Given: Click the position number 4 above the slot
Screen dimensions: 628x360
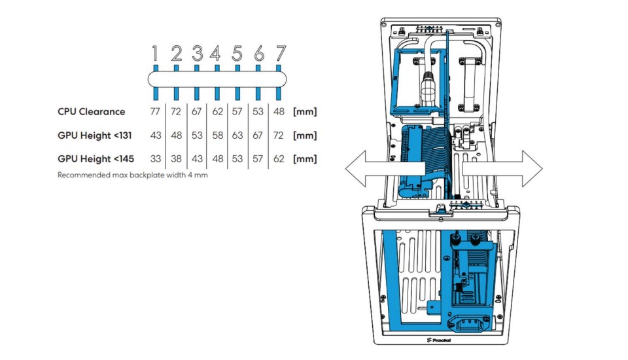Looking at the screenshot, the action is coord(215,53).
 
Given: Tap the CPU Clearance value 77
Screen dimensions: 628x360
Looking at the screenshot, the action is coord(155,111).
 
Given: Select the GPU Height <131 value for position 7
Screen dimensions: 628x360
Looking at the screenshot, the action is coord(279,135).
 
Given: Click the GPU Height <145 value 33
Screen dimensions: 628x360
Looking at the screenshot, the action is coord(156,159).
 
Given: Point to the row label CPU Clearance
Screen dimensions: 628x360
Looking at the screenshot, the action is coord(92,111).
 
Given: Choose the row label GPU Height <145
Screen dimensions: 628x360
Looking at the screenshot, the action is coord(96,159).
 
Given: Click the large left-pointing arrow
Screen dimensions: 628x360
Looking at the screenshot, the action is coord(385,169).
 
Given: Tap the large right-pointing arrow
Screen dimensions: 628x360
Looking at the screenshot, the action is coord(502,169).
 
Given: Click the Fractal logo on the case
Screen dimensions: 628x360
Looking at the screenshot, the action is coord(439,340).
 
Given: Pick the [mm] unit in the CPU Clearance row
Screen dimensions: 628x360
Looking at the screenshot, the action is coord(305,111).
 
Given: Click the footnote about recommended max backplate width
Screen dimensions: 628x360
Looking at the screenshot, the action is coord(133,175).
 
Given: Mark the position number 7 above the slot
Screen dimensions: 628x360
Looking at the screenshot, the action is coord(281,53).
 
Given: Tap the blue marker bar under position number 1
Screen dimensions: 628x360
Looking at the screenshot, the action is coord(156,82).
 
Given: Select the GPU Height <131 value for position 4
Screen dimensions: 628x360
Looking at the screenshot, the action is coord(217,135).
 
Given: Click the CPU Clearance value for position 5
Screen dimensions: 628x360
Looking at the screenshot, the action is coord(237,111).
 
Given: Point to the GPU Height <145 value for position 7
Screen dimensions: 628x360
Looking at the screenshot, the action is coord(279,159).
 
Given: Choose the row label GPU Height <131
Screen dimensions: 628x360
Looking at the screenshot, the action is coord(94,135).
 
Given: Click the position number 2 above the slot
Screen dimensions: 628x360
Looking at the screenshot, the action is coord(177,53).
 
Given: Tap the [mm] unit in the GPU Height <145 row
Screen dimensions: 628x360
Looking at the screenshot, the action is coord(305,159).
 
